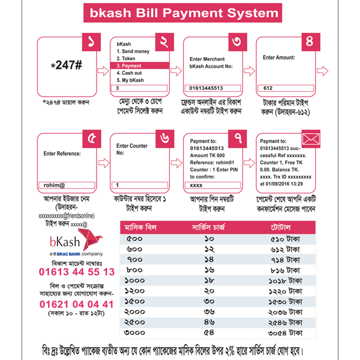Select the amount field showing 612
(x=286, y=88)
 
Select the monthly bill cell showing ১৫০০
(x=135, y=300)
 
